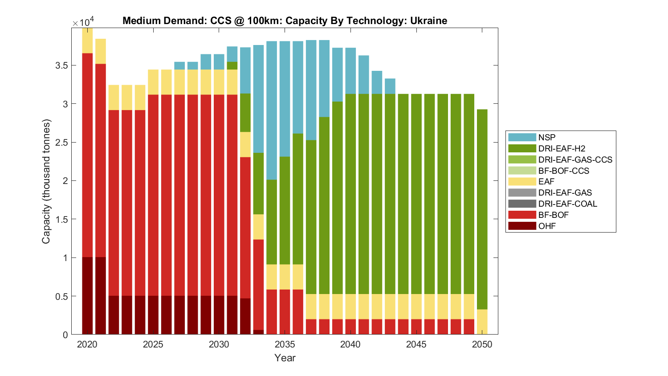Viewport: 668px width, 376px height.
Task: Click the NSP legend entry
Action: [x=546, y=137]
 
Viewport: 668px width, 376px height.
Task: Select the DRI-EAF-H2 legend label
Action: [x=562, y=148]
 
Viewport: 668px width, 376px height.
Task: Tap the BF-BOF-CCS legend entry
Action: [x=563, y=171]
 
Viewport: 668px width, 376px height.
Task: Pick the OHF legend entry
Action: [x=547, y=226]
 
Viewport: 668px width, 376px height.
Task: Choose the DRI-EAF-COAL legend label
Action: [x=567, y=204]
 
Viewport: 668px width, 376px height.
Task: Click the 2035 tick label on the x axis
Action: [x=285, y=344]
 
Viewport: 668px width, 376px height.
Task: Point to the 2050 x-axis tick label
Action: [x=482, y=344]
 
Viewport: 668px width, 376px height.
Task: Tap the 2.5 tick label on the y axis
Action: [x=62, y=143]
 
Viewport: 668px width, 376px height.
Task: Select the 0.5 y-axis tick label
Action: [x=62, y=296]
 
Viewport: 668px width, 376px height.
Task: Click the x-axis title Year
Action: [x=285, y=358]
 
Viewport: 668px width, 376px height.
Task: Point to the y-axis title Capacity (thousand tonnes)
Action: [x=46, y=181]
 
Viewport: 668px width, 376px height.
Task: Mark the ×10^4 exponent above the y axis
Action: [x=83, y=22]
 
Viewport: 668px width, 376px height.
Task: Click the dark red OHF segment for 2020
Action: [x=87, y=296]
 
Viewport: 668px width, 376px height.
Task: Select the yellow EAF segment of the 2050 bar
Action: [x=482, y=322]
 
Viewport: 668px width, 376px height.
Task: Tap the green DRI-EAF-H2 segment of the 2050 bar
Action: [x=482, y=209]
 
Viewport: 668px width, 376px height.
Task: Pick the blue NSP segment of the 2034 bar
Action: [x=272, y=110]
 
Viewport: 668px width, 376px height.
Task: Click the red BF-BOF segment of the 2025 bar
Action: [x=153, y=195]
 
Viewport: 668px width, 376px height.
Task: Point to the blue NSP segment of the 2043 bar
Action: [x=390, y=86]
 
